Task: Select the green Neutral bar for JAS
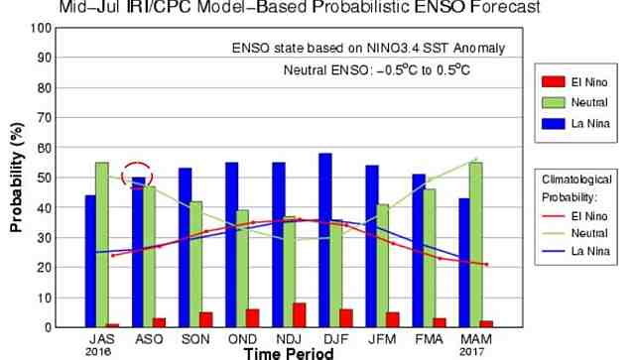[x=101, y=244]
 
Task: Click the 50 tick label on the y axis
[x=43, y=178]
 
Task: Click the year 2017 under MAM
[x=472, y=350]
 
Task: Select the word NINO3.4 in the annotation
[x=371, y=48]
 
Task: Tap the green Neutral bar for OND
[x=242, y=268]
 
